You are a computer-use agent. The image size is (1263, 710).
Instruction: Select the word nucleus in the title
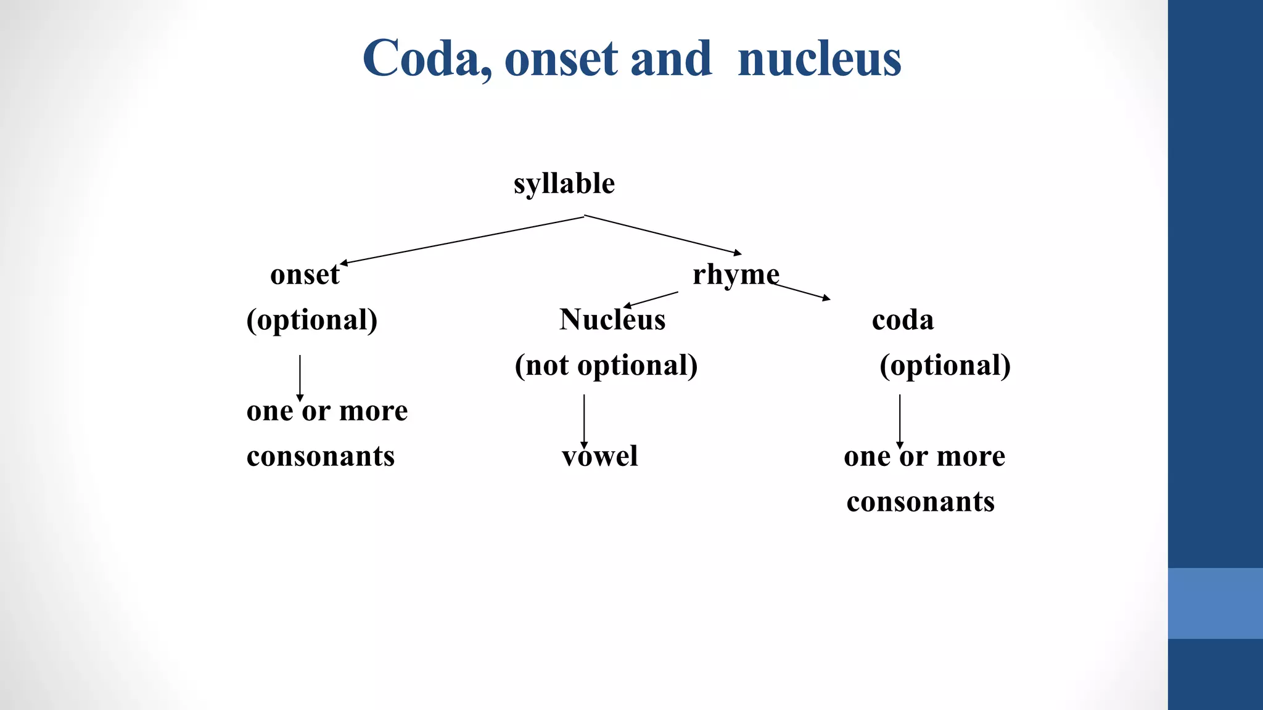(819, 59)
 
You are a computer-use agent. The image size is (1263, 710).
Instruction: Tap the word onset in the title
(561, 60)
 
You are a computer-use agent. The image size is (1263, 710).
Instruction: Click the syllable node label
(564, 184)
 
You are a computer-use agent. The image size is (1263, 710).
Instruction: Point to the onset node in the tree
(305, 275)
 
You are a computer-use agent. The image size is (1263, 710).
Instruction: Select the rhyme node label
(735, 275)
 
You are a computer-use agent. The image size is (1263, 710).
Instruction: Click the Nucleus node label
(612, 320)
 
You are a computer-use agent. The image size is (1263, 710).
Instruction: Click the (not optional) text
(606, 365)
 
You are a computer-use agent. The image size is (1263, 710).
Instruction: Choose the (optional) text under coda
(945, 365)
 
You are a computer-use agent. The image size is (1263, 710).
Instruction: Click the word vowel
(599, 457)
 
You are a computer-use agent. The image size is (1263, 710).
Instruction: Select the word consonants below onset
(321, 457)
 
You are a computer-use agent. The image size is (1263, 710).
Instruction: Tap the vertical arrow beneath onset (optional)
(300, 377)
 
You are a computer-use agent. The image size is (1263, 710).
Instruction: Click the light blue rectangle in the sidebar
(1215, 603)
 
